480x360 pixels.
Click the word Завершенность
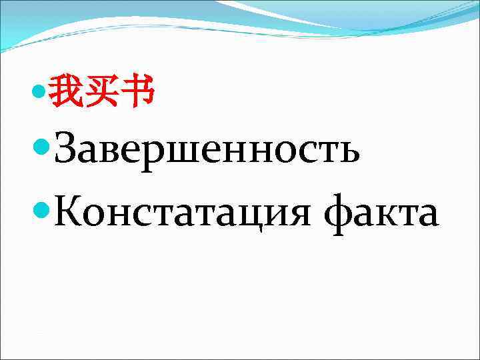[207, 151]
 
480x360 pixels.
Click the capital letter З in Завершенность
[69, 149]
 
